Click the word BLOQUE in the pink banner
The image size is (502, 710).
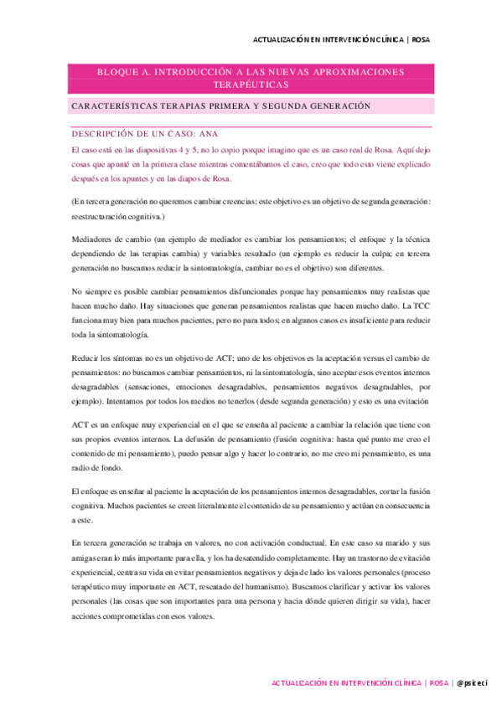(x=118, y=72)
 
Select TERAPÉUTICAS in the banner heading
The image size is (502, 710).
(x=251, y=85)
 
